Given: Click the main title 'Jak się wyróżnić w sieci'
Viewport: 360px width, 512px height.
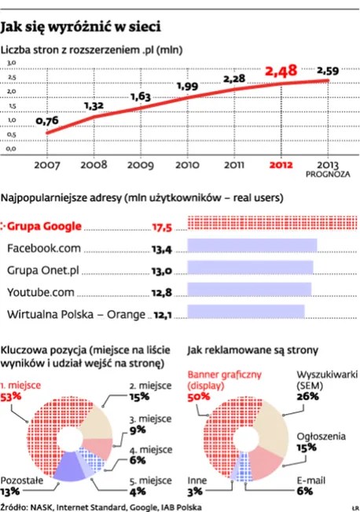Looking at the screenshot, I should coord(82,28).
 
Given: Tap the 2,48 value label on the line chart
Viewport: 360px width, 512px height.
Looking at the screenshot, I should coord(281,71).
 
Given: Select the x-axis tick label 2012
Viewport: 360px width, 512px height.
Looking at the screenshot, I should coord(281,165).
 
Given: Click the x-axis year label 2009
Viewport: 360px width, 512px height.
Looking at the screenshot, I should coord(141,165).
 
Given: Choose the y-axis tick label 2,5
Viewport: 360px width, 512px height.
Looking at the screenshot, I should coord(13,78).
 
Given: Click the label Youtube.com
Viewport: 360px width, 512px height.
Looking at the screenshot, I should coord(42,293).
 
